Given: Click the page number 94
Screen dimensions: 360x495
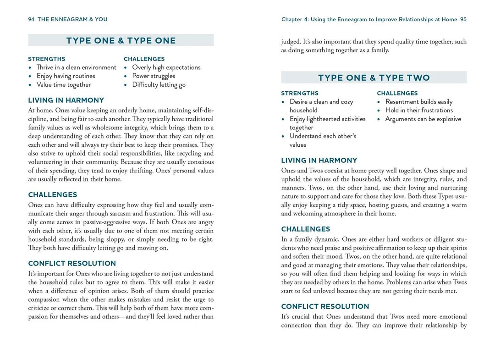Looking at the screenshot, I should (x=32, y=19).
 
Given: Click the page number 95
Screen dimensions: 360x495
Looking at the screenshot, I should (x=463, y=19).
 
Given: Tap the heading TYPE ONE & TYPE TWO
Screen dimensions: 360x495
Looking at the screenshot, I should (x=374, y=78).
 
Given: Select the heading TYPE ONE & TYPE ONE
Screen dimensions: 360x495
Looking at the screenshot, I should (x=121, y=40).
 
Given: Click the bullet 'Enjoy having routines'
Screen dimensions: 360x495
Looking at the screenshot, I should (x=66, y=76).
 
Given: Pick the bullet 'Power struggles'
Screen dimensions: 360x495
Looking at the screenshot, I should (x=154, y=76).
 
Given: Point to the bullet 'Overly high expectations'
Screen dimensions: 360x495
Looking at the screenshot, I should (x=166, y=67).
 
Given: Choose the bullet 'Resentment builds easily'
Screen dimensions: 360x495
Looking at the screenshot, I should (x=418, y=102).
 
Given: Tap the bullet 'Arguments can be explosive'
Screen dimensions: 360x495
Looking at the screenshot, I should (x=423, y=119).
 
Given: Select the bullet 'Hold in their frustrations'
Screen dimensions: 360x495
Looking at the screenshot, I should (x=419, y=111).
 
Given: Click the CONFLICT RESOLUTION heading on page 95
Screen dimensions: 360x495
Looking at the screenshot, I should (x=325, y=306).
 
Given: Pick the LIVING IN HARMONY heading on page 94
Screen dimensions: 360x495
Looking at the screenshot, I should (x=66, y=100).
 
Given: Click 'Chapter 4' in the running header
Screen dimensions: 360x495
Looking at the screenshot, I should (x=295, y=19).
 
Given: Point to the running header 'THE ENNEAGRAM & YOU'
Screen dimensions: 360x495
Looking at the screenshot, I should (x=72, y=19).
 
